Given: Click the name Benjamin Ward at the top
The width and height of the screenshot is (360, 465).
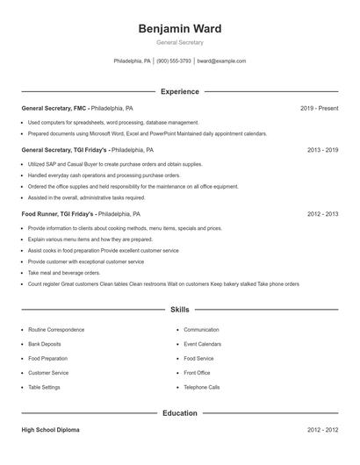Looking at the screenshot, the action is pos(180,28).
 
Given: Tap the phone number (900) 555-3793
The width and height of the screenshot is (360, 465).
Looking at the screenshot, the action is pos(174,61).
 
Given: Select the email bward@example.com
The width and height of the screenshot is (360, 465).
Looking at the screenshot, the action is pos(221,61).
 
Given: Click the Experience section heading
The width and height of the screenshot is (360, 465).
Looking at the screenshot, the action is pos(180,91).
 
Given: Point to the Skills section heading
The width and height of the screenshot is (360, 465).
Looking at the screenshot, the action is pos(180,310).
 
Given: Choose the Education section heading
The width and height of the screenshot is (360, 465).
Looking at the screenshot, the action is pos(180,412).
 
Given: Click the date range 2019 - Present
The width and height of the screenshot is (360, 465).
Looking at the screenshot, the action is pos(319,108).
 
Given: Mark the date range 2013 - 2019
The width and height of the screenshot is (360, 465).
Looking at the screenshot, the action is pos(322,150).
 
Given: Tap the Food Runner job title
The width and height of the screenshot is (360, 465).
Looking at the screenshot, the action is pos(42,213).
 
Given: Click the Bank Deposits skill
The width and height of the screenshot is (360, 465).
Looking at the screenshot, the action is pos(45,344).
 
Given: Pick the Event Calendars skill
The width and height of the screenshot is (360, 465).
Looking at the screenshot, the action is pos(202,344).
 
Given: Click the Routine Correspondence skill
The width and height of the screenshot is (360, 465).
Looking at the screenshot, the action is pos(56,330).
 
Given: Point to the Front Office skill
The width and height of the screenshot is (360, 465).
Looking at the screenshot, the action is pos(197,373).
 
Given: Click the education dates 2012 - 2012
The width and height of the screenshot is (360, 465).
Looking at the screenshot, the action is pos(322,430).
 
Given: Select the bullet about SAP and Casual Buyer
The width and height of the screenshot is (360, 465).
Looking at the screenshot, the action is pos(114,164).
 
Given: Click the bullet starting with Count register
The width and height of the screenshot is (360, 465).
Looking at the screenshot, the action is pos(163,284).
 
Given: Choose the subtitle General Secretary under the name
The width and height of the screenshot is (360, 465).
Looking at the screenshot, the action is pos(180,42).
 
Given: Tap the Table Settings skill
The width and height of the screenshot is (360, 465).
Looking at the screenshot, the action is pos(44,387).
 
